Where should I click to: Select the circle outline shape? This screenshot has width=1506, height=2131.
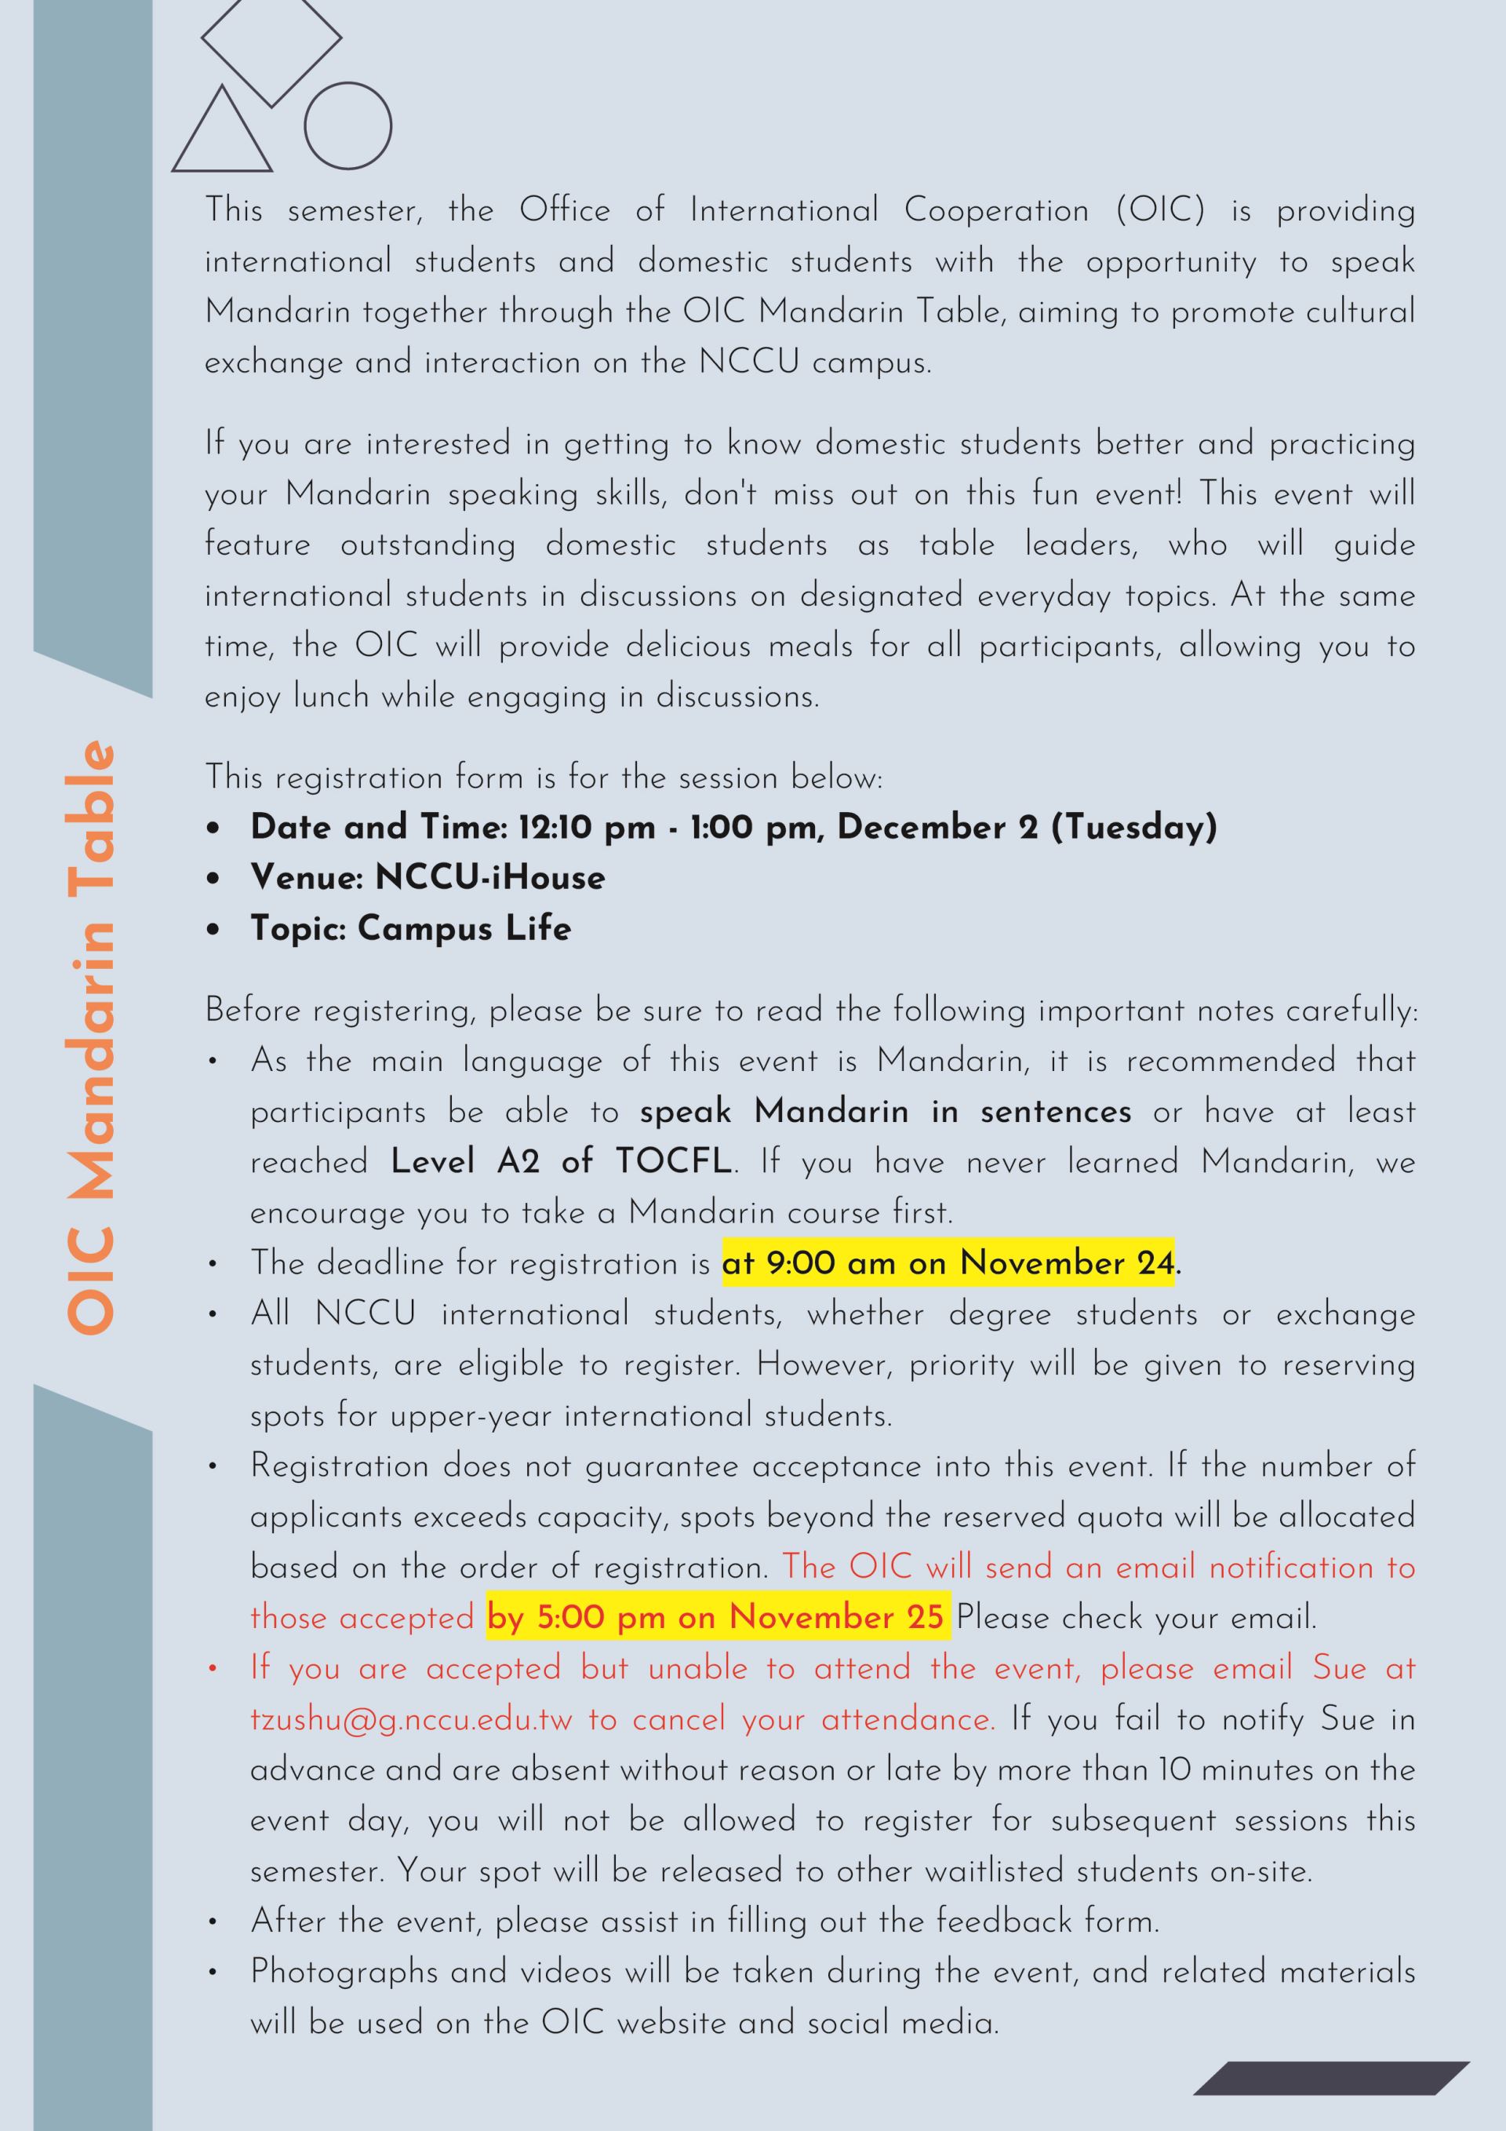(x=348, y=126)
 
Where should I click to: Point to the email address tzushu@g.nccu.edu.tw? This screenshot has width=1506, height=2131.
(x=411, y=1719)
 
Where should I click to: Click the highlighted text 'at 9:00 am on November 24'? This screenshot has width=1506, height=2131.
(x=948, y=1262)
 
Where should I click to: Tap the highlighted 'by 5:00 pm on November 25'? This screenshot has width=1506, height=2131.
(x=715, y=1617)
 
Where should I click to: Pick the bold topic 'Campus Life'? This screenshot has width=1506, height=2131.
(x=464, y=928)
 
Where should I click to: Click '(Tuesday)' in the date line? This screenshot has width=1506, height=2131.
(x=1133, y=827)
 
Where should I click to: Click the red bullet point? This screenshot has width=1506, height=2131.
(x=213, y=1668)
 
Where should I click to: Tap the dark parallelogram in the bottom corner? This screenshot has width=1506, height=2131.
(x=1330, y=2078)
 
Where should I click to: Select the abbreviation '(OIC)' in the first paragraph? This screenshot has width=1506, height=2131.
(x=1161, y=209)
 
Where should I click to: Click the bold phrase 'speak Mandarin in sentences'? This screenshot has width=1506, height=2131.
(x=886, y=1111)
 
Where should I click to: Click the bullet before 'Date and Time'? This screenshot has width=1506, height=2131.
(x=213, y=827)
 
